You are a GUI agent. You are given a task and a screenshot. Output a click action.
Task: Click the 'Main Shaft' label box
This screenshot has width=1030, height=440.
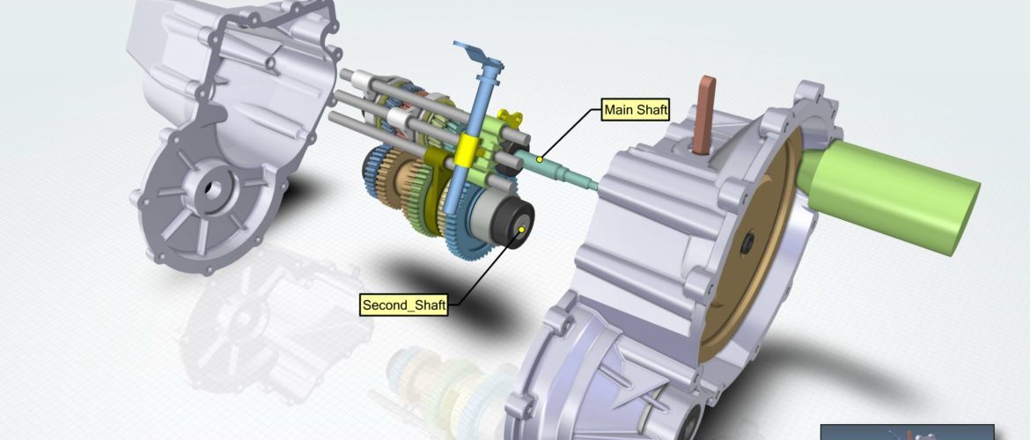[x=636, y=110]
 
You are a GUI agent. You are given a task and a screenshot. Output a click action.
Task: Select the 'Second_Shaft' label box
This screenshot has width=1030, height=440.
[x=404, y=304]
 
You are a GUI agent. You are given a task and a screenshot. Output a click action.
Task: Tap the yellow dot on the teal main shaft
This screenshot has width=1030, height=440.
[x=540, y=159]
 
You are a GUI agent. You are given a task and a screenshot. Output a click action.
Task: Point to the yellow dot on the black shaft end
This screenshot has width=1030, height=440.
[x=521, y=229]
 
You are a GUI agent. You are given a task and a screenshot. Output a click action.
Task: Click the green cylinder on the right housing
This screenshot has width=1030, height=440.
[x=889, y=195]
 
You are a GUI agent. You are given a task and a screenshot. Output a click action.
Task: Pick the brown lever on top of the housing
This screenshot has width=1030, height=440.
[x=703, y=114]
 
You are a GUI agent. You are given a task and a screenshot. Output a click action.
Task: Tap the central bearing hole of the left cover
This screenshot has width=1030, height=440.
[x=212, y=187]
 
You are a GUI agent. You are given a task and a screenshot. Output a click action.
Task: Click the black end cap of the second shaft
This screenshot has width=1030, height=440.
[x=516, y=224]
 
